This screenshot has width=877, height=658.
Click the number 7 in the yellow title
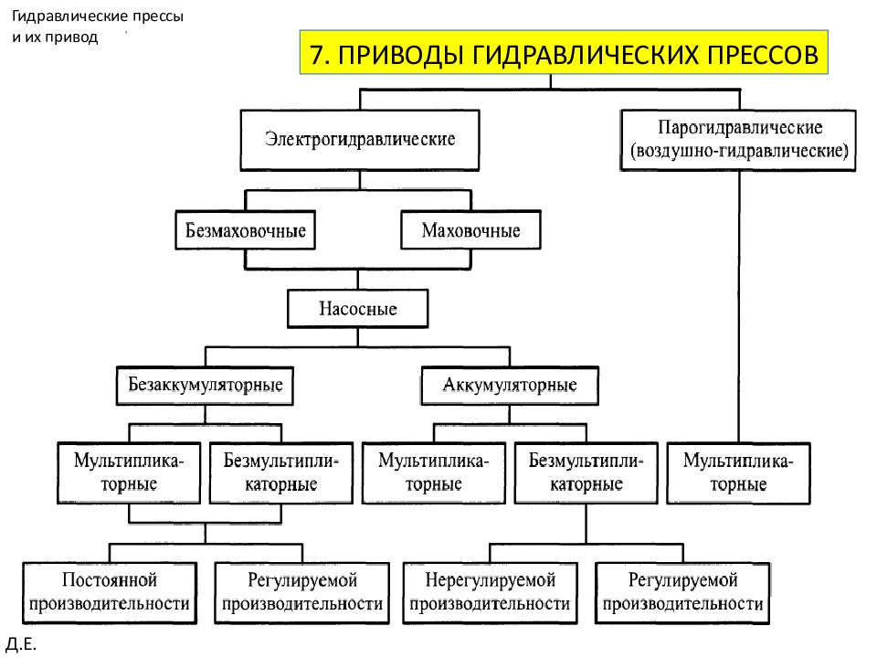tap(317, 55)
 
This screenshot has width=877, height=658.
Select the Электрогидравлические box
tap(360, 140)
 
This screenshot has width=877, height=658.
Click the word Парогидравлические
tap(740, 128)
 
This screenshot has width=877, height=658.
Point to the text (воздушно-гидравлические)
tap(739, 151)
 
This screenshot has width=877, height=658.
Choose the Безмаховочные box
tap(246, 230)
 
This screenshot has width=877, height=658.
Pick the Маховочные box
tap(471, 230)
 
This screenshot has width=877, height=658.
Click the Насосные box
tap(358, 308)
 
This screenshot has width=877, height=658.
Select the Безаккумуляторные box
tap(205, 386)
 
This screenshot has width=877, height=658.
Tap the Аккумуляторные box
tap(510, 386)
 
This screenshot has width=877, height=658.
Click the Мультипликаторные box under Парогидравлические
tap(738, 473)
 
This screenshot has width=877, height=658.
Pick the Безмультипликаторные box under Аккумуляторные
tap(586, 473)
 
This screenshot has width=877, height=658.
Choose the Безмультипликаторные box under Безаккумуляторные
tap(281, 473)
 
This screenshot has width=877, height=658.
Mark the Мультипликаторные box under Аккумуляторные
tap(433, 473)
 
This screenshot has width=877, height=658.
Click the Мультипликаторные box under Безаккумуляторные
tap(129, 473)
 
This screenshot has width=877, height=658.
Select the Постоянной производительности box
tap(110, 593)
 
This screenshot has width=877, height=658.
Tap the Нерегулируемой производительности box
tap(490, 593)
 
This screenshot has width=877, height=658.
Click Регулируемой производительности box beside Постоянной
tap(302, 593)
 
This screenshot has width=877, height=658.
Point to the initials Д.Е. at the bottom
tap(21, 644)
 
